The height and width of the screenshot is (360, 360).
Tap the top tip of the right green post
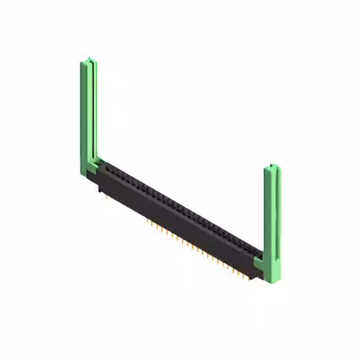273,166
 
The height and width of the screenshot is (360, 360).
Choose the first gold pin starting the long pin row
147,221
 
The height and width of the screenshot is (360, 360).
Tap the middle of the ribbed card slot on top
180,206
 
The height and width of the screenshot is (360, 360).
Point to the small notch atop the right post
272,166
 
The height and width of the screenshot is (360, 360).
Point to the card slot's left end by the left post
107,165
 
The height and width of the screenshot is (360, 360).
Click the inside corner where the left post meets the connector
98,160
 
